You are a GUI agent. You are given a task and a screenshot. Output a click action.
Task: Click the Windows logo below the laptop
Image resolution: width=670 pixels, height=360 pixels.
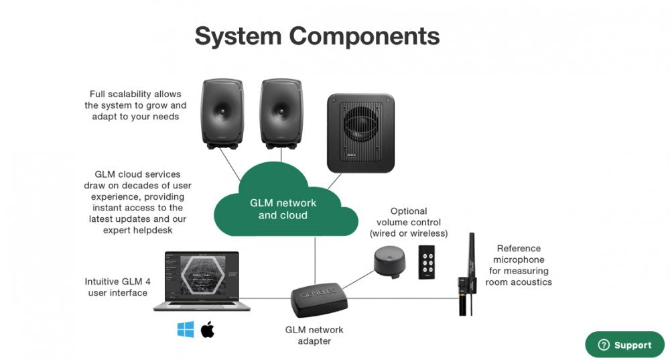coord(186,329)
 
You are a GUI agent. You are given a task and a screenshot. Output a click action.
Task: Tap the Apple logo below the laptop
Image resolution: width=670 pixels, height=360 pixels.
coord(207,329)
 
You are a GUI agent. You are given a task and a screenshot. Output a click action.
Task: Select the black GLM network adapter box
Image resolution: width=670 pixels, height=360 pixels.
coord(318,300)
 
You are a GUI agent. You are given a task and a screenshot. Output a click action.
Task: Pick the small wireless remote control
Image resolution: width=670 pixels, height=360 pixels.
coord(426,261)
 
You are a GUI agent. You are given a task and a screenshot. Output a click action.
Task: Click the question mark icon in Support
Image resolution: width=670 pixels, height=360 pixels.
coord(604,345)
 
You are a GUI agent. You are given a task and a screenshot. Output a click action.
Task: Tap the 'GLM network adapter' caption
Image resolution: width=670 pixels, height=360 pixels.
coord(314,335)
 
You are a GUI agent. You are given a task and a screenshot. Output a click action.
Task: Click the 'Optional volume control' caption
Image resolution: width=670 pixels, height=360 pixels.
coord(409,222)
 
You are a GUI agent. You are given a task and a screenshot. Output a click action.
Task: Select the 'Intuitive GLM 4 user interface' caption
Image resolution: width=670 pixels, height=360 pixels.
coord(117,287)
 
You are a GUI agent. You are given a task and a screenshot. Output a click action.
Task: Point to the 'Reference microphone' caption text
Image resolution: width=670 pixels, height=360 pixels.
coord(519,265)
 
